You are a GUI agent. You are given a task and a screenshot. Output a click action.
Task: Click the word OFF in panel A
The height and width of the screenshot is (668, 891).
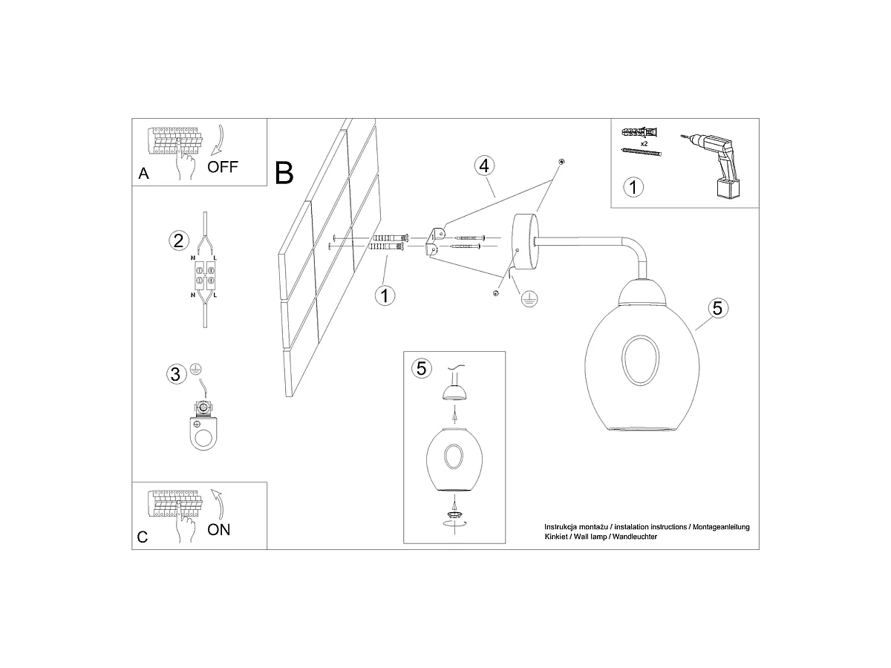click(223, 167)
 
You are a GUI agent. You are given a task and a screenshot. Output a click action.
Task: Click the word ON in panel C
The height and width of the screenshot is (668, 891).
click(218, 530)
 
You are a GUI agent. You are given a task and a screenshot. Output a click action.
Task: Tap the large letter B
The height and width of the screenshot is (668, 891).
click(284, 173)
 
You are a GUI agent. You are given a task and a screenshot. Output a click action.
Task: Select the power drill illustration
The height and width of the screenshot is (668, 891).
click(714, 166)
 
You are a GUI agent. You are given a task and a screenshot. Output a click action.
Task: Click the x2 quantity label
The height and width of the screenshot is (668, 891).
click(644, 144)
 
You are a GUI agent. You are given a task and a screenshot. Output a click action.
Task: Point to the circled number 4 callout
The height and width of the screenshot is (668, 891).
click(484, 166)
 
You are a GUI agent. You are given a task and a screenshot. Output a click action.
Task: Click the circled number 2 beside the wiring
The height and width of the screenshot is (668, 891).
click(179, 240)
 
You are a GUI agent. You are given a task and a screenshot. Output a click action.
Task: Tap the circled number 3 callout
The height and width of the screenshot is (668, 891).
click(176, 374)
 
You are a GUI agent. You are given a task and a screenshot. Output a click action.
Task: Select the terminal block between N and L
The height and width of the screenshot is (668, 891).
click(204, 275)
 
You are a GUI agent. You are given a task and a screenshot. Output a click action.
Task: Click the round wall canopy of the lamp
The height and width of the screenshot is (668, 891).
click(526, 242)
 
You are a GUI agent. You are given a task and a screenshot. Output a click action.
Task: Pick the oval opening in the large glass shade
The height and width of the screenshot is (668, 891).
click(640, 360)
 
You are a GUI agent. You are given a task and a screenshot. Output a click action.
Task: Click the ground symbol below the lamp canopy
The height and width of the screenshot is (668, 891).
click(529, 299)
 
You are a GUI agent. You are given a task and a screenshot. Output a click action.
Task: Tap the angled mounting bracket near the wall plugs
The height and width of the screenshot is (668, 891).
click(434, 241)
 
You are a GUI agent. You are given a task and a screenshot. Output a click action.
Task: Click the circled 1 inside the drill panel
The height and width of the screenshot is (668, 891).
click(633, 187)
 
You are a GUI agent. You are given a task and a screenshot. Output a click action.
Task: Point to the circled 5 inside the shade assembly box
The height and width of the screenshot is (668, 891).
click(421, 368)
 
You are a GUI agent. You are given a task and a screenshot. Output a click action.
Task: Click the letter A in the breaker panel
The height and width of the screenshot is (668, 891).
click(143, 174)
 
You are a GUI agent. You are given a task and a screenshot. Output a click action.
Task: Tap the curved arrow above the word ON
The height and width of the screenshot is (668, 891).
click(218, 504)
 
